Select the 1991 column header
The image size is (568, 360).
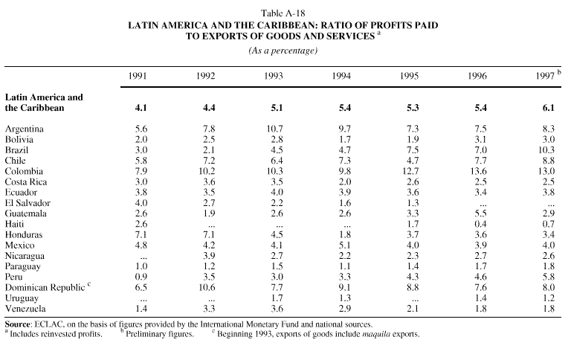138,77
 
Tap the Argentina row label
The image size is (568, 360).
25,129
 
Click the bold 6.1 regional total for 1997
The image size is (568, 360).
548,107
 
